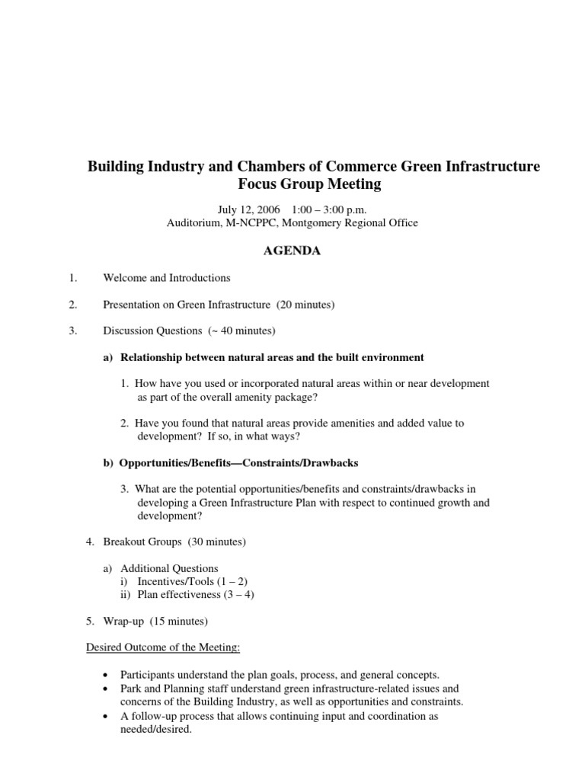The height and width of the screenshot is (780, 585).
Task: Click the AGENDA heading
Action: click(292, 251)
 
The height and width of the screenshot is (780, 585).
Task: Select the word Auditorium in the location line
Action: click(193, 223)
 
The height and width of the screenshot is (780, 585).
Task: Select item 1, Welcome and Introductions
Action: click(167, 278)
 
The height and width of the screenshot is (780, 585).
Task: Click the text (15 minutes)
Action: click(177, 621)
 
